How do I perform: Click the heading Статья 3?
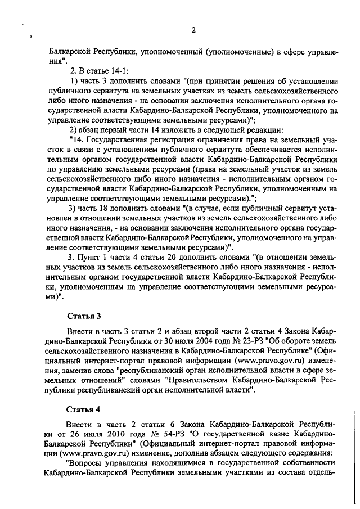(x=84, y=315)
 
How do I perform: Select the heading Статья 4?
(x=84, y=408)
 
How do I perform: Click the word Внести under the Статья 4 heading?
(x=82, y=425)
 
